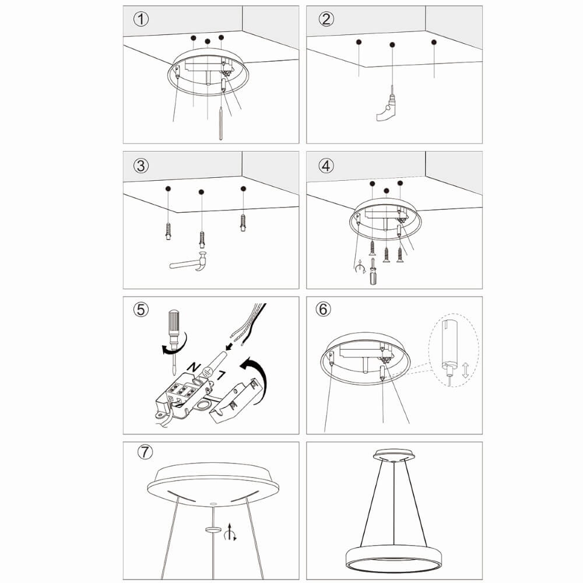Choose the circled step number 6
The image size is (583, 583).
(x=324, y=310)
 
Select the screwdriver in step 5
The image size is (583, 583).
(x=173, y=335)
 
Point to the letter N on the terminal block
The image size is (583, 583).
(x=191, y=367)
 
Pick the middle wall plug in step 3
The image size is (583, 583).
(x=202, y=238)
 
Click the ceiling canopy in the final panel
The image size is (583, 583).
(x=394, y=454)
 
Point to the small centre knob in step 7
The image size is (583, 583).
(x=214, y=529)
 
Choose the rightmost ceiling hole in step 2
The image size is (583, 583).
(x=434, y=42)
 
